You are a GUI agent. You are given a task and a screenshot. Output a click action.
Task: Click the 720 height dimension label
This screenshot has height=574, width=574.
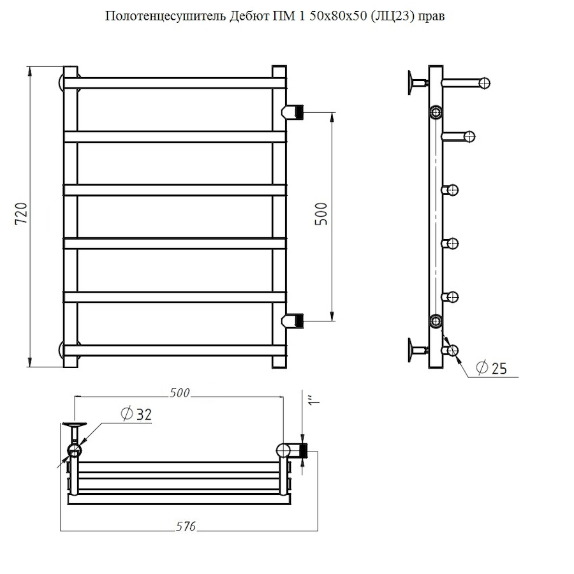[x=21, y=214]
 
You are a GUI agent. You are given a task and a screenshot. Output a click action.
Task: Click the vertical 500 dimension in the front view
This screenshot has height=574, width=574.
[x=321, y=214]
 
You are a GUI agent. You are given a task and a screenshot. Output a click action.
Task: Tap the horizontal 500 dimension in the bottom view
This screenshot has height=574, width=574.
[x=179, y=393]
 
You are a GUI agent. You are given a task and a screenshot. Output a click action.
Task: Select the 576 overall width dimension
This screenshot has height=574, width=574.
[x=186, y=526]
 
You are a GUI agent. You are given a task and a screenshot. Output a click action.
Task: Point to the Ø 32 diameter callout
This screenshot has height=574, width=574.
[x=136, y=414]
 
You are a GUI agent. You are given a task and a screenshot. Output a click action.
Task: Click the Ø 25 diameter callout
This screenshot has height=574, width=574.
[x=491, y=368]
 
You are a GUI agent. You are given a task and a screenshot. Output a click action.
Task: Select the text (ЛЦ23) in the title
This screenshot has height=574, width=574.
[x=392, y=17]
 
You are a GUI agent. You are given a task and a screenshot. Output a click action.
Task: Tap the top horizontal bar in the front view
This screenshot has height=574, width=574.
[x=175, y=83]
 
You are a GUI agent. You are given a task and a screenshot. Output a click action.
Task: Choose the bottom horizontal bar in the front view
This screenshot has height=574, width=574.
[x=175, y=350]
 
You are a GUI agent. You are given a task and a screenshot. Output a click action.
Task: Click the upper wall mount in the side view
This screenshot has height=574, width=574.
[x=418, y=83]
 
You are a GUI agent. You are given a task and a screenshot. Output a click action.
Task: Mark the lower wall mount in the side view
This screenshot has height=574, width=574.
[x=418, y=350]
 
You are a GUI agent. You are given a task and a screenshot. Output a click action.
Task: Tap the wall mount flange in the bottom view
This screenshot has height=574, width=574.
[x=75, y=425]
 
